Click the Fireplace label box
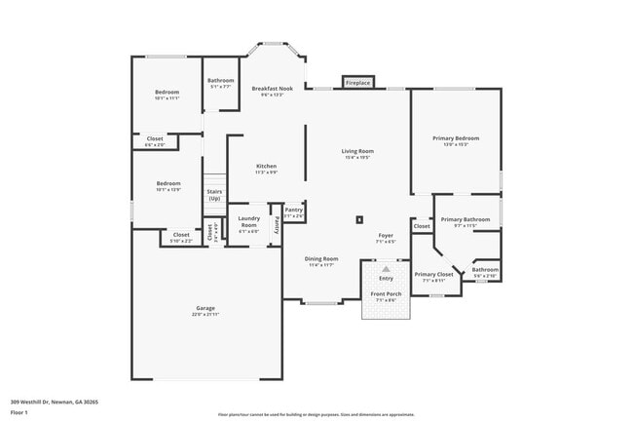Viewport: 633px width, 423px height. [x=357, y=83]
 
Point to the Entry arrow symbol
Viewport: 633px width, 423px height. [x=387, y=267]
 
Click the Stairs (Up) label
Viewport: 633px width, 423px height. [x=214, y=195]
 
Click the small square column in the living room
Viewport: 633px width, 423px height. [x=360, y=220]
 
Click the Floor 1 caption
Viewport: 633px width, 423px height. [x=19, y=412]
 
